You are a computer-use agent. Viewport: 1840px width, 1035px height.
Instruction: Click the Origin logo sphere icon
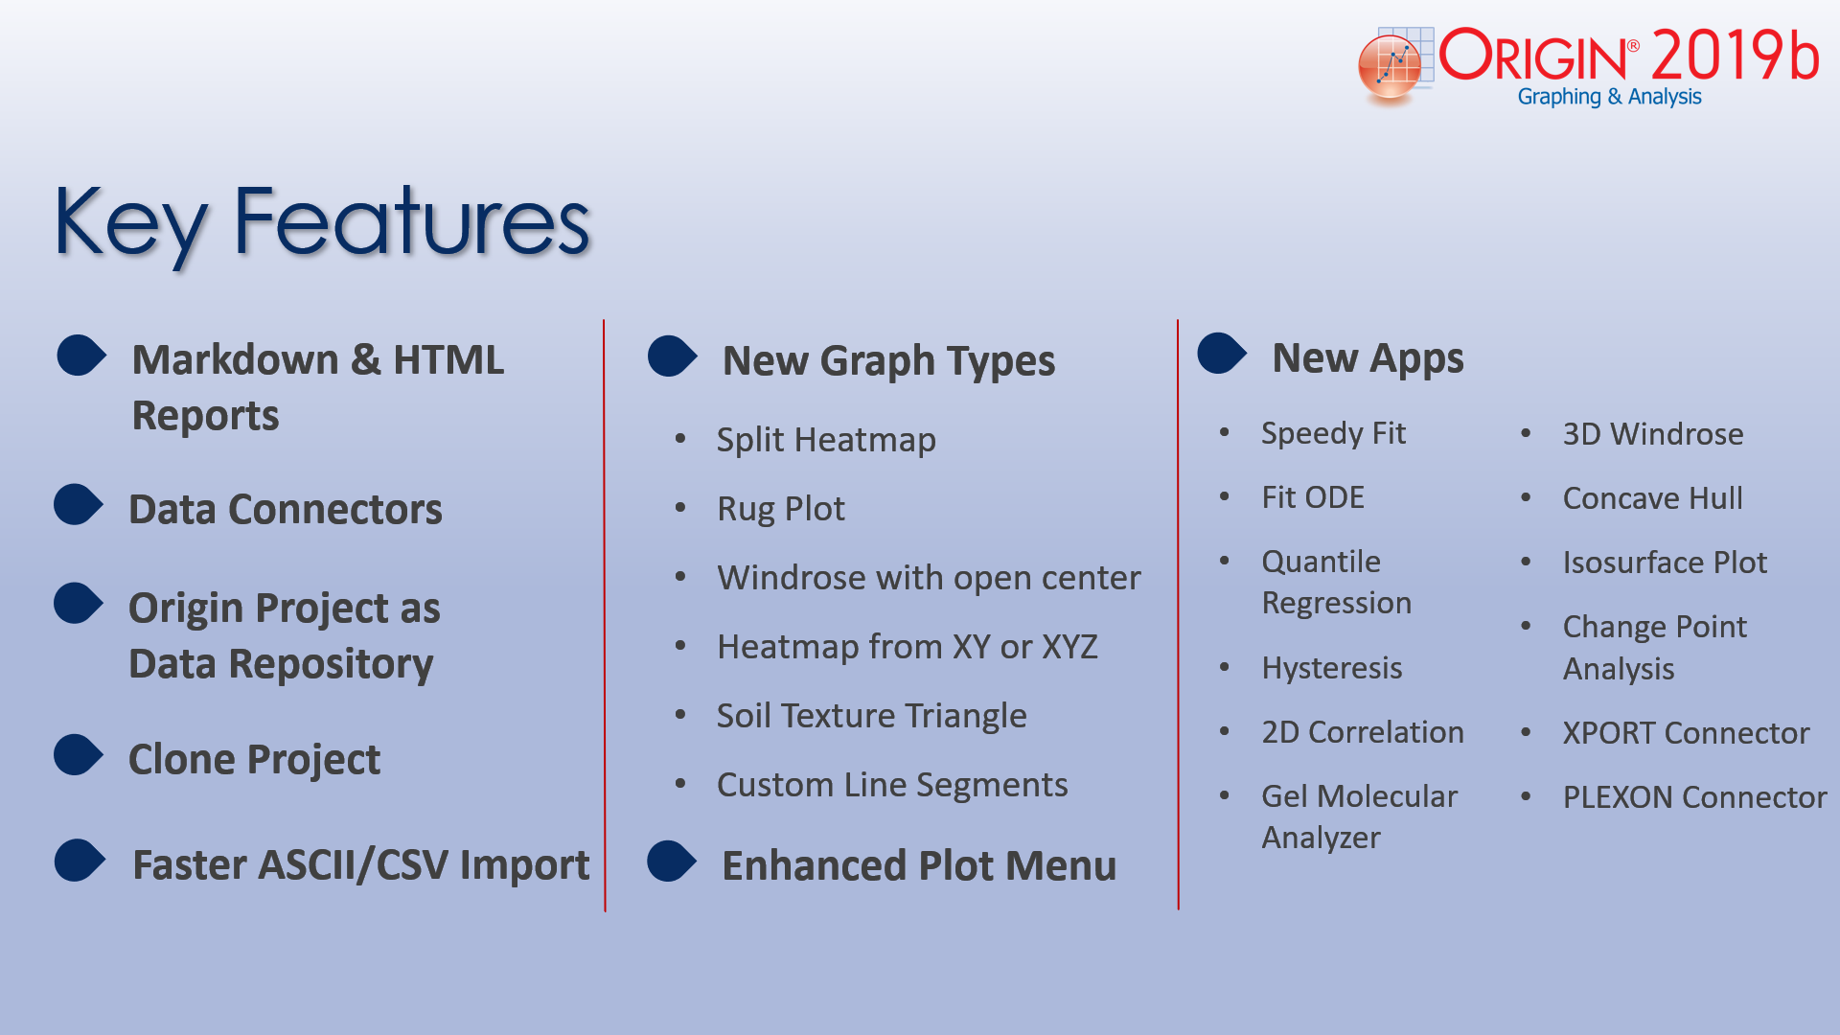click(x=1390, y=66)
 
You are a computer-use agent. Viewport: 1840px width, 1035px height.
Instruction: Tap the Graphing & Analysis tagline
click(x=1609, y=97)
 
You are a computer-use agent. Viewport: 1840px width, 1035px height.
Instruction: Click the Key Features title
click(x=322, y=222)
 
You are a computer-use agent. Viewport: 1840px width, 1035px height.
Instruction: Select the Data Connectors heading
click(x=286, y=509)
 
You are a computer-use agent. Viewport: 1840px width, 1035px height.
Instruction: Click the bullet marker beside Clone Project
click(x=79, y=755)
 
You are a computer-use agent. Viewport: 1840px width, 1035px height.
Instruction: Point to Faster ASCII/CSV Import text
click(x=360, y=864)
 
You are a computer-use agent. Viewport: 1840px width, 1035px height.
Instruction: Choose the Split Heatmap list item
click(x=826, y=440)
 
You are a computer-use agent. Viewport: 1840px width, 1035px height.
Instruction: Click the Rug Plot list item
click(x=781, y=509)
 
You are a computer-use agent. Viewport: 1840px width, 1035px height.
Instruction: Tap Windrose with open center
click(x=929, y=578)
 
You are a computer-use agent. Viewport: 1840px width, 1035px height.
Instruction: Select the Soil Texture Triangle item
click(x=871, y=716)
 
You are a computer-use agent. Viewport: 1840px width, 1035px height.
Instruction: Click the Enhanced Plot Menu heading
click(x=919, y=865)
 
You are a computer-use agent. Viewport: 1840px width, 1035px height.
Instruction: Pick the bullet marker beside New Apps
click(x=1222, y=353)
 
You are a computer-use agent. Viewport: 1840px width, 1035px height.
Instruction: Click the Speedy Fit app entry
click(x=1333, y=433)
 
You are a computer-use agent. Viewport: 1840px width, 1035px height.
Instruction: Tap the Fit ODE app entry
click(x=1313, y=497)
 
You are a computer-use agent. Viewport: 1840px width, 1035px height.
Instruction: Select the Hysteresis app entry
click(x=1332, y=668)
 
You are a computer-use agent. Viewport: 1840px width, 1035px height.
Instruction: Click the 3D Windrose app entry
click(x=1653, y=434)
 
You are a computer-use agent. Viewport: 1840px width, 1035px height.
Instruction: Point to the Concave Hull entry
click(x=1653, y=498)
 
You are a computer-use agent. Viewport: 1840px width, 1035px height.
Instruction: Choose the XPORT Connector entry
click(x=1686, y=733)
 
